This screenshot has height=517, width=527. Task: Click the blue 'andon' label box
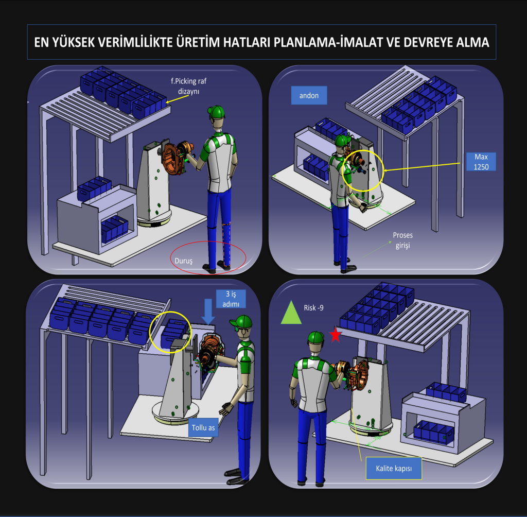tap(309, 95)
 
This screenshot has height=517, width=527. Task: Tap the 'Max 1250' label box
tap(481, 162)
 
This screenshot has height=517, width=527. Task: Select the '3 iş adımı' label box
tap(231, 299)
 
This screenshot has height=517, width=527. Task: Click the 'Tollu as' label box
tap(203, 427)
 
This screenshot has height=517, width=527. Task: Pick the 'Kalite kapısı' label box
tap(394, 468)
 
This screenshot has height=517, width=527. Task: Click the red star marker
tap(336, 335)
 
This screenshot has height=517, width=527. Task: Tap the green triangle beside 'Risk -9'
tap(291, 313)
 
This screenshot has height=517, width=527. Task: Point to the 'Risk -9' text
tap(313, 308)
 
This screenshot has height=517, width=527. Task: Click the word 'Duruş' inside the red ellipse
tap(184, 261)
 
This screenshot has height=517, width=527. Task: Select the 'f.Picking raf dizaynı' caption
tap(188, 86)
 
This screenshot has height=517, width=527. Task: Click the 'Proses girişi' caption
tap(402, 240)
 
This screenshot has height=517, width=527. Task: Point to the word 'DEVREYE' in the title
tap(428, 42)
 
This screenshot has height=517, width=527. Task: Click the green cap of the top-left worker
tap(216, 112)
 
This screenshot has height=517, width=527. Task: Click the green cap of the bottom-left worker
tap(241, 321)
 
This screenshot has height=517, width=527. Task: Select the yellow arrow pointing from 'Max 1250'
tap(422, 167)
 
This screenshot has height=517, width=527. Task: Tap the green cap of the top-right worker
tap(343, 140)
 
